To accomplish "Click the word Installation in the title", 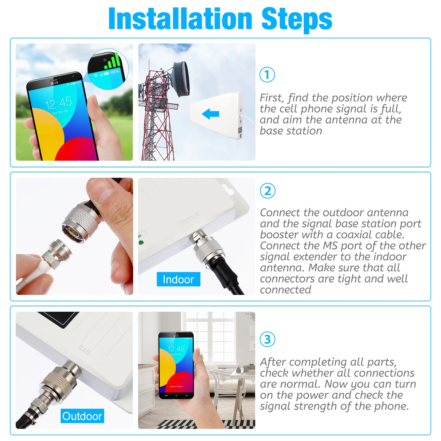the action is [181, 18].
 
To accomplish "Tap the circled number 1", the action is [267, 75].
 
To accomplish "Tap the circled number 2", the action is [268, 191].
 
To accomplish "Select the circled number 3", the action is [267, 339].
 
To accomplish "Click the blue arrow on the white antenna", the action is [211, 114].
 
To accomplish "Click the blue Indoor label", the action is [178, 279].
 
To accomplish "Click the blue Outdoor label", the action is [82, 416].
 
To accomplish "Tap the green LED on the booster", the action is [141, 243].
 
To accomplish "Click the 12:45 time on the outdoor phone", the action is [58, 103].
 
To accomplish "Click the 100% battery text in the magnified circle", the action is [115, 72].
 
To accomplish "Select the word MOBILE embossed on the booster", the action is [189, 219].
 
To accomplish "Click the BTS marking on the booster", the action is [84, 349].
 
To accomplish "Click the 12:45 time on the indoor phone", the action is [176, 349].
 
